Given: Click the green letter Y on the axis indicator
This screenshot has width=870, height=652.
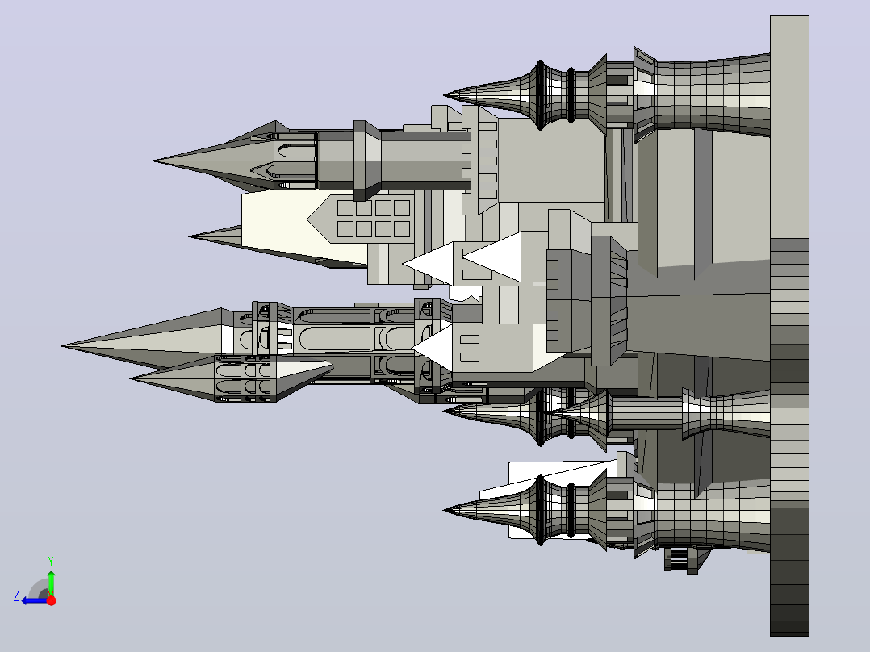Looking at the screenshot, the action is [51, 561].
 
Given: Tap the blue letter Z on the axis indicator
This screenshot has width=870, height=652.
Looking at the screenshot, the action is [16, 596].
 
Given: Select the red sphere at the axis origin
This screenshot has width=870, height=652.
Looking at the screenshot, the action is [51, 600].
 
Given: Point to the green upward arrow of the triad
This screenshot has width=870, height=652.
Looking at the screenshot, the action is [51, 583].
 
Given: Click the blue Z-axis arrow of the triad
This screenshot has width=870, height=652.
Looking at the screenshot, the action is [35, 601].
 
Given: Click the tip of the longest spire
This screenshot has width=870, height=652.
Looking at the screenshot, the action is [61, 345].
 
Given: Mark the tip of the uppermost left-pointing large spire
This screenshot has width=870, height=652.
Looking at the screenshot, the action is [153, 161].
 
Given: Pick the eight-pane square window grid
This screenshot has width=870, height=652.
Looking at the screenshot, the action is [374, 218].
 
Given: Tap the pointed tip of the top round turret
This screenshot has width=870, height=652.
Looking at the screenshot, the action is [445, 95].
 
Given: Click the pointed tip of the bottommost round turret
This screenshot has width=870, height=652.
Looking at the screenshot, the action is [445, 510].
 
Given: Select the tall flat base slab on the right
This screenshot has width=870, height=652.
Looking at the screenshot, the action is [789, 326].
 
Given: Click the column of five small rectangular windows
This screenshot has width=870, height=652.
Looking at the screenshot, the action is [487, 161].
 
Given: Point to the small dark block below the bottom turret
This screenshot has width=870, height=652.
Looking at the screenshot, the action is [683, 559].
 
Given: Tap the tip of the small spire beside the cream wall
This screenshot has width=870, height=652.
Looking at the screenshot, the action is [189, 236].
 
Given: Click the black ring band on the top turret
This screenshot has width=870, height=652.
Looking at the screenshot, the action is [571, 95].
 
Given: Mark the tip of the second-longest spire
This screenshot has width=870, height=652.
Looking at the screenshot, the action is [131, 379].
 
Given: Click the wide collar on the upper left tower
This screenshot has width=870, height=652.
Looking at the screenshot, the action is [366, 161].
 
